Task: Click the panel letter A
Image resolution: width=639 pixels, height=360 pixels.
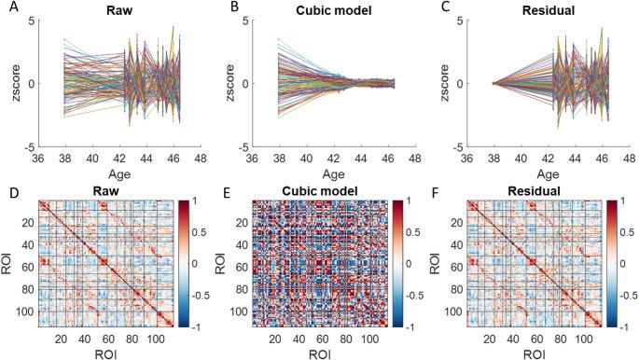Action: click(x=7, y=7)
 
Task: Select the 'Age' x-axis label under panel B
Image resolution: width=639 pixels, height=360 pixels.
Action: click(x=322, y=172)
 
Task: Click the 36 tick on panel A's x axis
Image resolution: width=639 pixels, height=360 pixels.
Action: click(x=40, y=158)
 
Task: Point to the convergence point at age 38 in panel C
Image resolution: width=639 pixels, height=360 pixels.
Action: click(x=493, y=83)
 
